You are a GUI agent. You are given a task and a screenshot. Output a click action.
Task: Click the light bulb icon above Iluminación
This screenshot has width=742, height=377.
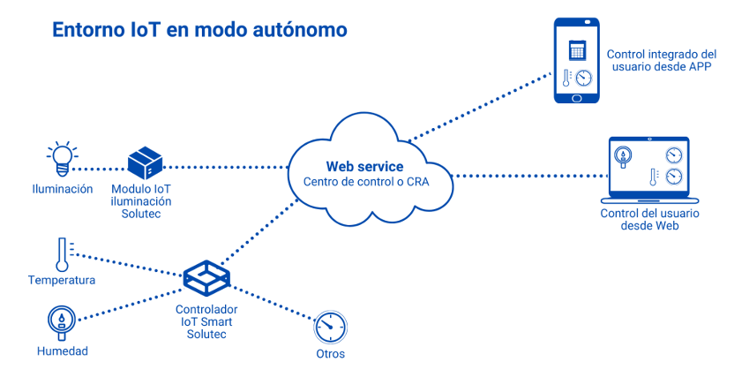point(61,156)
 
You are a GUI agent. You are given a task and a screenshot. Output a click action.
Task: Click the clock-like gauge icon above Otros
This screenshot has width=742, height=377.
point(329,328)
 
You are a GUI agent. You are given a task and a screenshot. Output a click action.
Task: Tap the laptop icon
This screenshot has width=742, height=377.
point(648,169)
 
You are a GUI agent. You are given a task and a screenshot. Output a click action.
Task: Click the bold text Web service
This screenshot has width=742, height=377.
point(364,166)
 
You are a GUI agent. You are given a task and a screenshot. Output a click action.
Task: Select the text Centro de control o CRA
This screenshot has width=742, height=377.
point(364,182)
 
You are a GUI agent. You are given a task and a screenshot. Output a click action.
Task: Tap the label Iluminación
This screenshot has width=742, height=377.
point(63,189)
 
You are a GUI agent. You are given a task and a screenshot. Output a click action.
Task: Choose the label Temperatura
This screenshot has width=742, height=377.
point(62,281)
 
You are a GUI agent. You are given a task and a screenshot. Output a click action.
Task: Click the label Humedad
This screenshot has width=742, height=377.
point(63,351)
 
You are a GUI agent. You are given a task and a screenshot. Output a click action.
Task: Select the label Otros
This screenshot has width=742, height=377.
point(330,354)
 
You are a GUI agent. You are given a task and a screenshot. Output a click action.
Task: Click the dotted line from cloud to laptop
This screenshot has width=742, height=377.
point(529,175)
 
